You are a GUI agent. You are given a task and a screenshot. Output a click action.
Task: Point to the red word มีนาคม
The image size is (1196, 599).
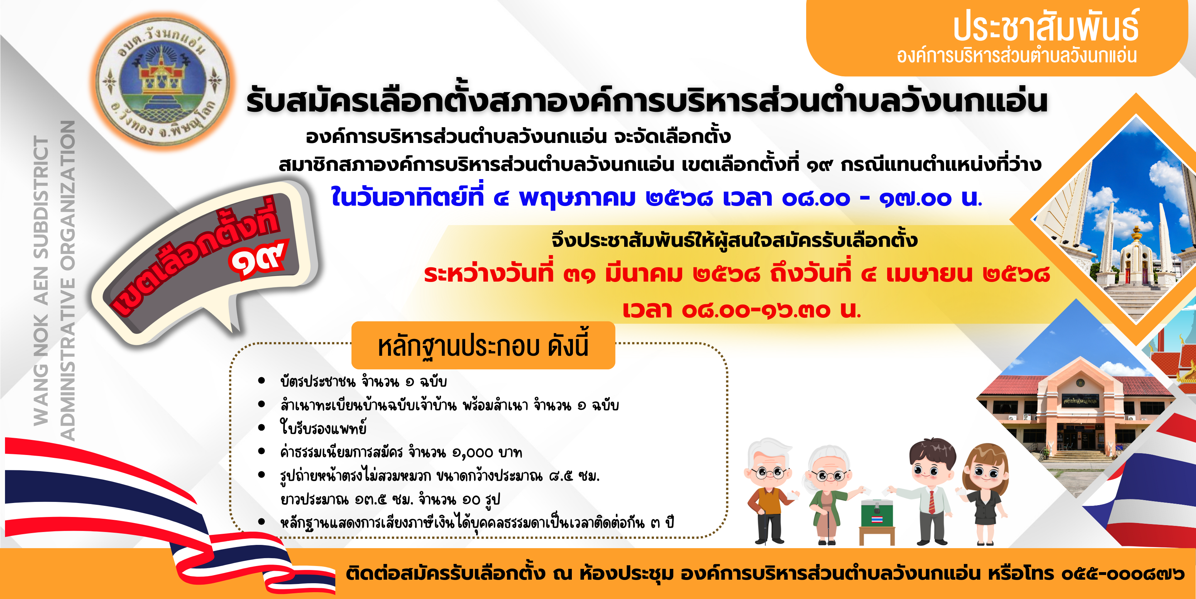point(644,274)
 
